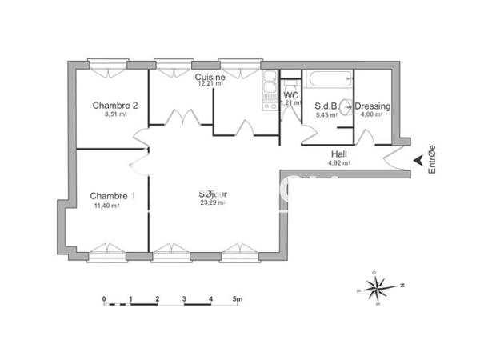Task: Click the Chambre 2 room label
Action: click(115, 106)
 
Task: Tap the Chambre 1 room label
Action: click(112, 196)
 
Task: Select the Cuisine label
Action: click(210, 77)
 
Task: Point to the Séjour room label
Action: click(213, 194)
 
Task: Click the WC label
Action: click(290, 95)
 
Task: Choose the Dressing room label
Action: click(372, 106)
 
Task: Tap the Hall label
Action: click(339, 154)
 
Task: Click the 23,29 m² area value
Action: click(213, 202)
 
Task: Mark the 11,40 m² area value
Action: click(106, 206)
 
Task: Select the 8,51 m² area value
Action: click(115, 114)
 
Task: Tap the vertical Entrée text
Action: click(433, 159)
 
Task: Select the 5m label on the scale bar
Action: click(238, 299)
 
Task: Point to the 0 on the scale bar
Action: click(104, 299)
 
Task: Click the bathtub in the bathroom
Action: click(329, 81)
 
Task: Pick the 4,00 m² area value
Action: click(372, 114)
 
